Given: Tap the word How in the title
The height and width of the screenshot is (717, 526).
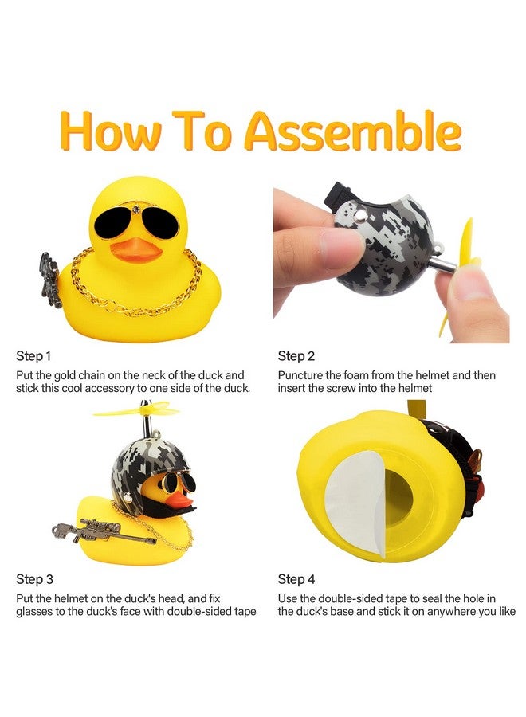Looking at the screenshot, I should coord(108,131).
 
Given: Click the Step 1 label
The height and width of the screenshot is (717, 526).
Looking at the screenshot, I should coord(33,355).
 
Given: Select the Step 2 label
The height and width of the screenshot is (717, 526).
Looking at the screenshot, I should coord(296,355).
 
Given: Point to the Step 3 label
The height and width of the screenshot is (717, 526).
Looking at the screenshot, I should coord(33,579).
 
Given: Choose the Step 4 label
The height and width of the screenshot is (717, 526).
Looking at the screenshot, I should coord(297,579).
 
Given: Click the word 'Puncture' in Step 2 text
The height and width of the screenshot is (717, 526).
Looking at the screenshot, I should coord(302,374).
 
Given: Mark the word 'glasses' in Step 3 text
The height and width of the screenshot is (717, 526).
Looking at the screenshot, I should coord(33,612).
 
